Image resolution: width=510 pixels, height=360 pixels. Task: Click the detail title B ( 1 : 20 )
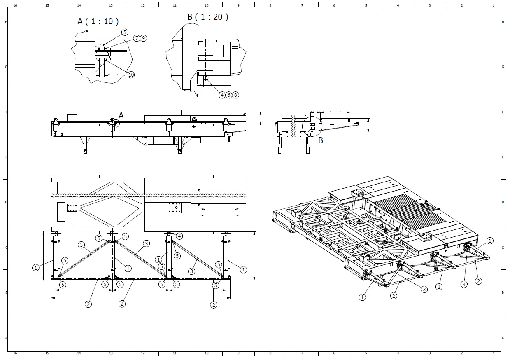[207, 17]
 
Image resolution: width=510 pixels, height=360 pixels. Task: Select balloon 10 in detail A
[131, 75]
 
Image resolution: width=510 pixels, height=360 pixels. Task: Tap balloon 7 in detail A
[137, 38]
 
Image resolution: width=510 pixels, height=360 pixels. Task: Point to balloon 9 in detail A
[143, 38]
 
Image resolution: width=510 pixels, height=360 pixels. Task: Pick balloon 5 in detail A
[125, 32]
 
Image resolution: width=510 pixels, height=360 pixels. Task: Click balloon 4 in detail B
[222, 95]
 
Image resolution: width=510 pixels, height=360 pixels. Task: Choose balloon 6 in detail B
[229, 95]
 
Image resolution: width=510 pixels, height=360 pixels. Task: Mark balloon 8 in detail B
[235, 95]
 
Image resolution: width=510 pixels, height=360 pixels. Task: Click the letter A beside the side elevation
[121, 115]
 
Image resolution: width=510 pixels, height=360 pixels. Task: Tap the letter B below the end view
[321, 140]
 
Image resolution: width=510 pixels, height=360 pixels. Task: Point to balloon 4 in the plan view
[179, 236]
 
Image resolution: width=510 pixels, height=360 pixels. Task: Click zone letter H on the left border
[6, 22]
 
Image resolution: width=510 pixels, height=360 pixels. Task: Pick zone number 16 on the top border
[15, 5]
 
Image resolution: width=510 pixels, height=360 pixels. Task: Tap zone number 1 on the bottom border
[494, 353]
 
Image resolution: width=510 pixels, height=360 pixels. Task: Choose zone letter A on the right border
[503, 338]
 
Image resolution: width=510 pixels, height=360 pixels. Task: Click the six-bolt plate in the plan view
[72, 208]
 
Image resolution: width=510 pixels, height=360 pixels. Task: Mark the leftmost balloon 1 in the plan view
[36, 267]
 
